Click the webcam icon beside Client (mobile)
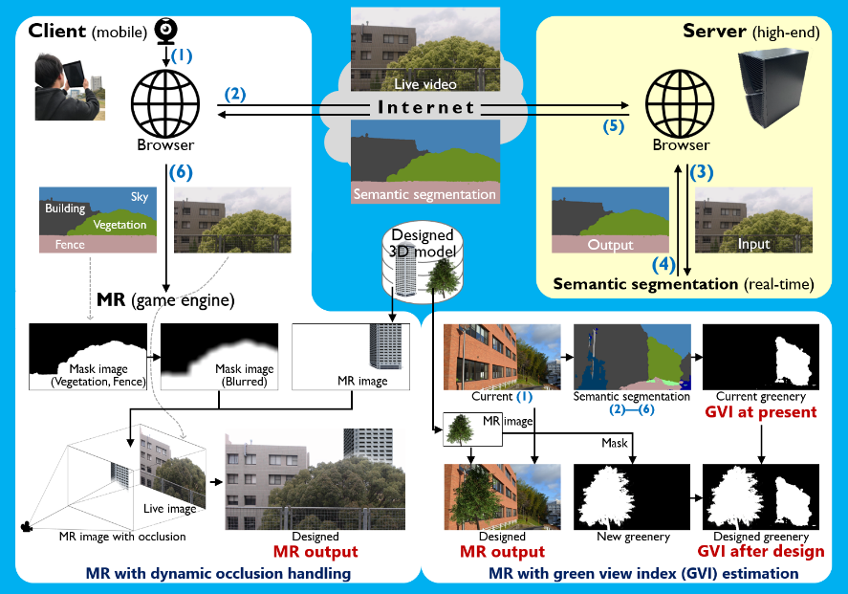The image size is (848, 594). [164, 31]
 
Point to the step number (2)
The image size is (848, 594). [235, 94]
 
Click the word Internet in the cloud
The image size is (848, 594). [425, 107]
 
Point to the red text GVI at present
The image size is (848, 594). [761, 412]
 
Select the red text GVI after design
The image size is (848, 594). [761, 551]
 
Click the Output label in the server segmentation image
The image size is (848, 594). [584, 245]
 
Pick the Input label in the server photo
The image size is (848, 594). [753, 245]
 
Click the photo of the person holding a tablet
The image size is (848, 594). [66, 87]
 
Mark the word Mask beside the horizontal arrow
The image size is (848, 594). [615, 444]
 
